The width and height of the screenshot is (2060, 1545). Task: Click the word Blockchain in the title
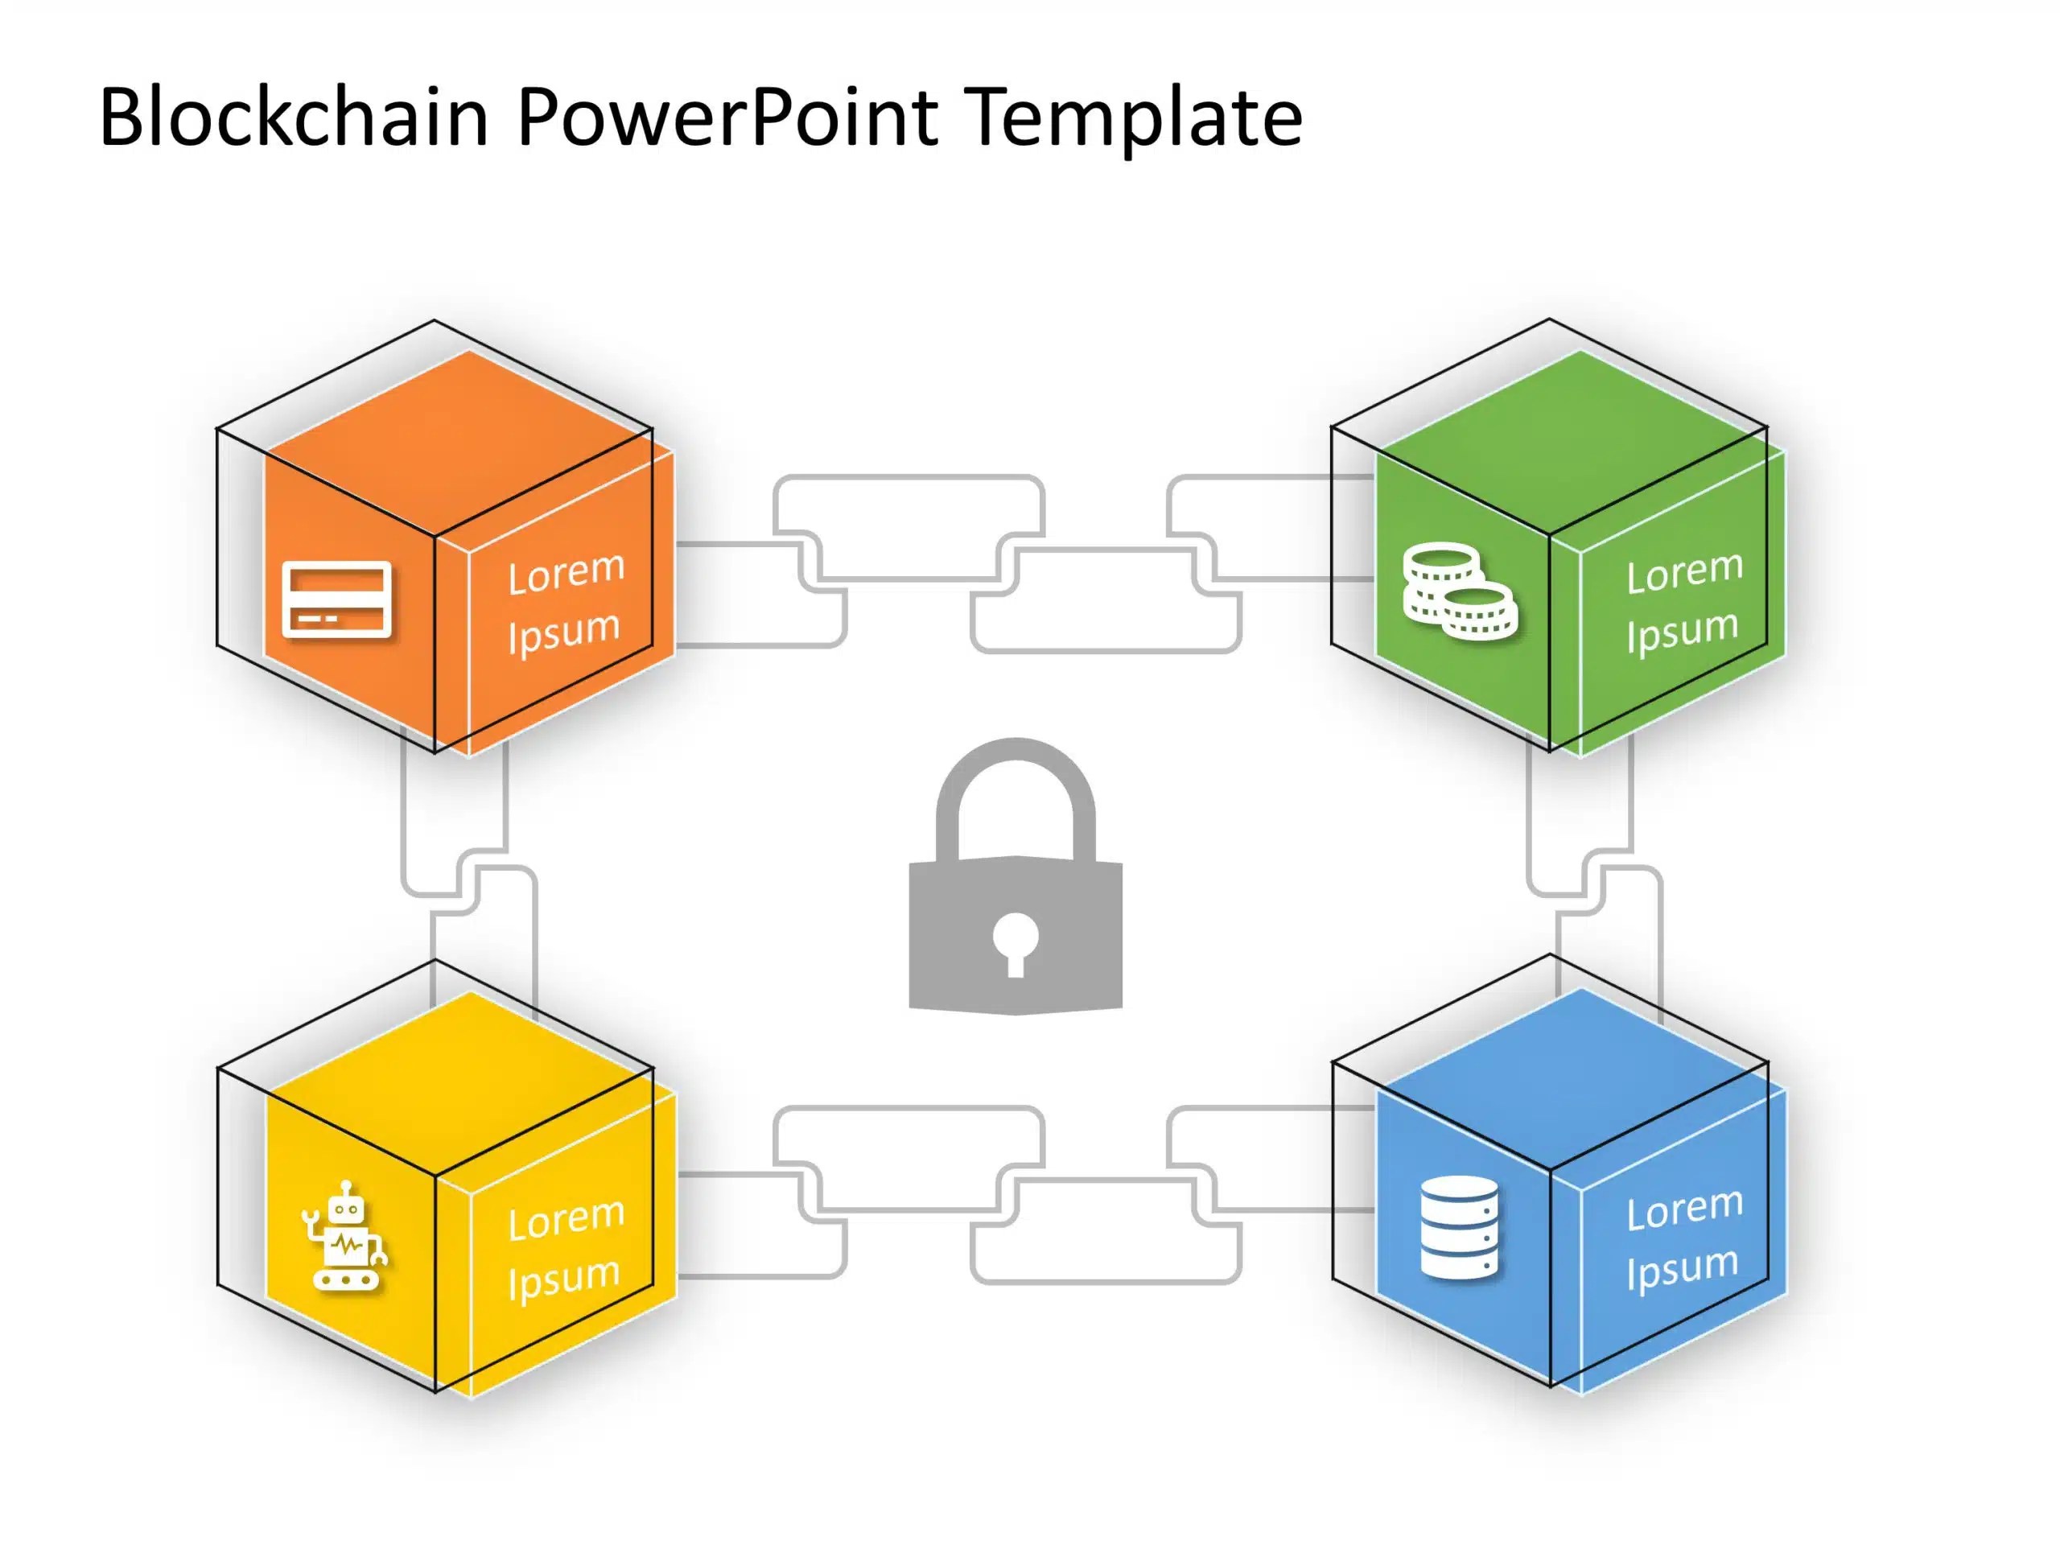point(294,117)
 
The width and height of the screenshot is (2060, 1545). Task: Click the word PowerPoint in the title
point(727,117)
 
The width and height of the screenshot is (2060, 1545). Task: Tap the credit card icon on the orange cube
point(336,600)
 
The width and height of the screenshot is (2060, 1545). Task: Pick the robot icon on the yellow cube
point(344,1238)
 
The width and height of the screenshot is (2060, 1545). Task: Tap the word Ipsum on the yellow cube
point(563,1279)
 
